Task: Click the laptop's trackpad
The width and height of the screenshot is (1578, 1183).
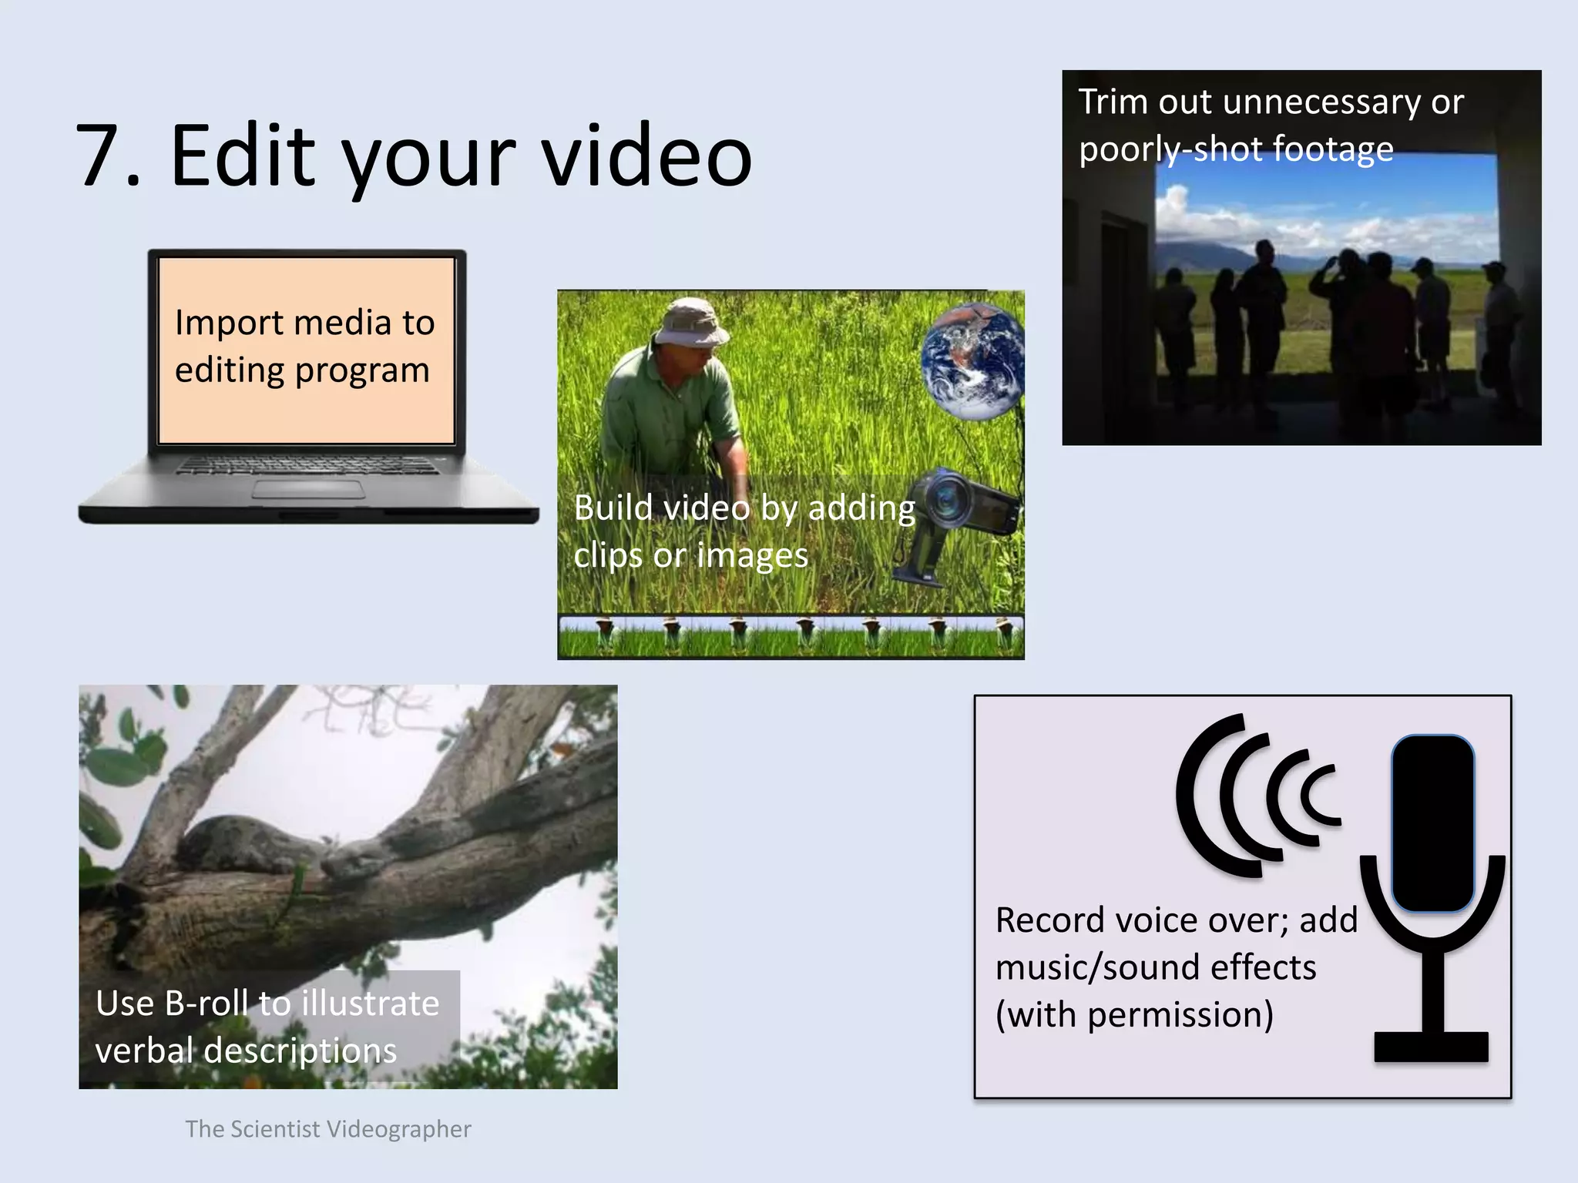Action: point(308,490)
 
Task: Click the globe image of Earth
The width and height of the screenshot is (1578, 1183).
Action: point(972,360)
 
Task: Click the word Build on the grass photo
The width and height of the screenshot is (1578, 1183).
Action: point(613,508)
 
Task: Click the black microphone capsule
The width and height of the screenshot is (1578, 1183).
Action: point(1432,823)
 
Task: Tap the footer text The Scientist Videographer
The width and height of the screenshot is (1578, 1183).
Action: point(327,1129)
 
